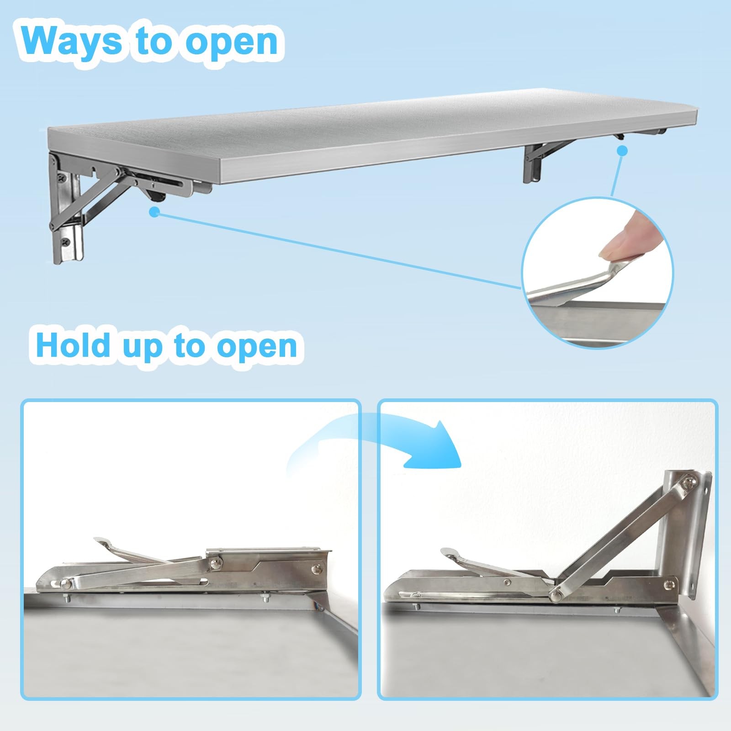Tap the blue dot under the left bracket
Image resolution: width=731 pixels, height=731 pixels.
coord(155,212)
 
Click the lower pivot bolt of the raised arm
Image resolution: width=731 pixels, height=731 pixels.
coord(556,593)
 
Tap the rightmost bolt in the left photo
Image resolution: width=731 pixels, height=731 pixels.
coord(317,569)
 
